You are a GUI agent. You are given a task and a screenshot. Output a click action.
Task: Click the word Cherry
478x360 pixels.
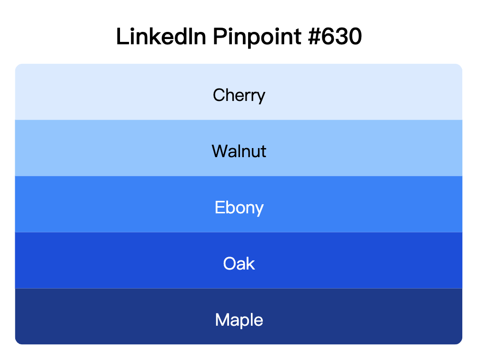pos(239,95)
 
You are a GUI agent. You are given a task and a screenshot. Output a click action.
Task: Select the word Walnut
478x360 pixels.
pos(239,151)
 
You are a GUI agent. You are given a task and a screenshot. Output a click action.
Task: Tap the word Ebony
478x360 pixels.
pos(239,208)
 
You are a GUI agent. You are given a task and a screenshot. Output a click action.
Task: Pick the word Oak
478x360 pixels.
pos(239,264)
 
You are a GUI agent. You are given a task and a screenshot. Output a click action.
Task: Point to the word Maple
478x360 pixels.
pos(239,320)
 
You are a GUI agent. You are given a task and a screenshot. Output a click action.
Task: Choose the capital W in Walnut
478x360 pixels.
pos(220,151)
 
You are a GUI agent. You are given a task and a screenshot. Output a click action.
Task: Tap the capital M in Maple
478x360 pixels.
pos(222,320)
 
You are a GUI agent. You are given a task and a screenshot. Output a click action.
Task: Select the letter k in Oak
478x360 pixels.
pos(250,263)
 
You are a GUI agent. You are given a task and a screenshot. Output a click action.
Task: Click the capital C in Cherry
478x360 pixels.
pos(219,95)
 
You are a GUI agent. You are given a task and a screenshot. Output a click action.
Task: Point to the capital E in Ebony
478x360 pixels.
pos(219,208)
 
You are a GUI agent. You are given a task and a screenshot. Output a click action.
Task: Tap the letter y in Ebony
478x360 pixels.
pos(259,210)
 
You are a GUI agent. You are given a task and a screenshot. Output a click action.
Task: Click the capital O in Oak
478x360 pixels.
pos(230,264)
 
